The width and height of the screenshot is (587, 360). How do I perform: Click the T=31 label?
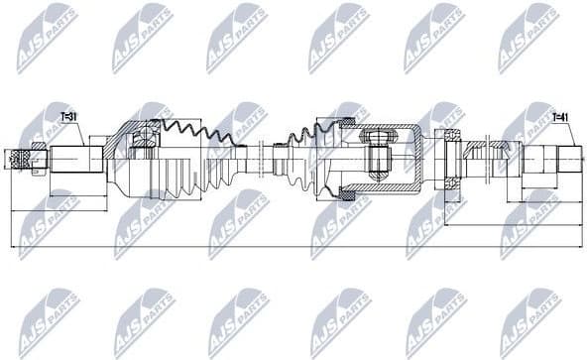tap(69, 117)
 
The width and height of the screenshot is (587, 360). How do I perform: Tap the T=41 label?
tap(560, 117)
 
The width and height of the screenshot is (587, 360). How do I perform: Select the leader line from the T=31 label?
tap(75, 134)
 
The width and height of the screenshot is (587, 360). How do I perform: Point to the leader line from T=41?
tap(555, 134)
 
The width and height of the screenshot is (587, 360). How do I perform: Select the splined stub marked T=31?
tap(75, 158)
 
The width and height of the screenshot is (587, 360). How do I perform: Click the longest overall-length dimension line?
tap(297, 245)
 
